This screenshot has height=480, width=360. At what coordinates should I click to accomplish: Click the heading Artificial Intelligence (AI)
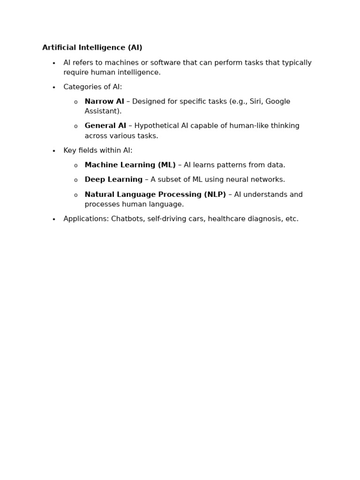pos(92,48)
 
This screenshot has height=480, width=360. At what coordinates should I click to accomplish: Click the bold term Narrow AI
pos(104,102)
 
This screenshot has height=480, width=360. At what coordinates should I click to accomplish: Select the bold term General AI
pos(105,126)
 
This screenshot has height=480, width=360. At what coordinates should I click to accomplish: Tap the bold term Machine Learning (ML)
pos(130,165)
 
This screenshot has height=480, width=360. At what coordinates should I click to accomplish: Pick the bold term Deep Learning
pos(113,180)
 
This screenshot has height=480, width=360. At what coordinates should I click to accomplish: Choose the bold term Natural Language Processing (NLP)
pos(155,195)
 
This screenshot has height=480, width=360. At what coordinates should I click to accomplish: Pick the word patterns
pos(220,165)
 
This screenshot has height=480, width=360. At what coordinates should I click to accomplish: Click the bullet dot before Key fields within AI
pos(54,151)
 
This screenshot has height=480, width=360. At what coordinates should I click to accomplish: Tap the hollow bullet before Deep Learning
pos(75,180)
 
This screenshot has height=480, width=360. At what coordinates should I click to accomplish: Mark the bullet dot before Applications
pos(54,219)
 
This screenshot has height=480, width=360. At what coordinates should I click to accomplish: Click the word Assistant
pos(102,112)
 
